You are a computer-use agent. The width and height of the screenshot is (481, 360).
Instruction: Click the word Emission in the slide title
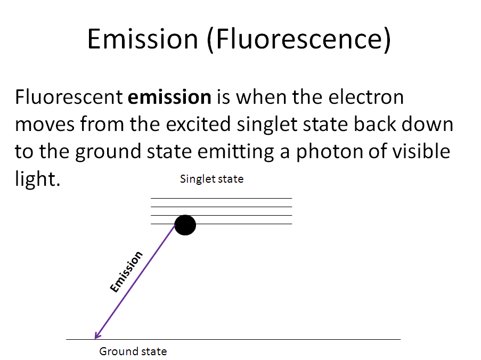(x=143, y=39)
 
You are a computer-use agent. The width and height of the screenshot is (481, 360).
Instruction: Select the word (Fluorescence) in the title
(x=299, y=40)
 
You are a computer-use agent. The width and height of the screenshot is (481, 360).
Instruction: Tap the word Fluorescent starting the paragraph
(x=69, y=97)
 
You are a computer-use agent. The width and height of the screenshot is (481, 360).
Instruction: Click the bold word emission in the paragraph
(x=169, y=97)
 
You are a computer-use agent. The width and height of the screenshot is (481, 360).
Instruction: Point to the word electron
(x=366, y=97)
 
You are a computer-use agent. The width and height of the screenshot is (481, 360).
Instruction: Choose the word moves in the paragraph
(x=45, y=125)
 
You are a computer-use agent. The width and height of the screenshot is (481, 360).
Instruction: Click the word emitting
(x=235, y=152)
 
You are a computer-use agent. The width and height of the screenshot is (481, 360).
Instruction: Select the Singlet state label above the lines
(x=211, y=179)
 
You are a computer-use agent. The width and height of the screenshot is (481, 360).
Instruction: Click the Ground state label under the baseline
(x=133, y=351)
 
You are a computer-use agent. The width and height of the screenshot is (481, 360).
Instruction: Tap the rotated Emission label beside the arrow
(x=126, y=272)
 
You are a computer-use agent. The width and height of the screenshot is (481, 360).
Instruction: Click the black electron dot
(x=185, y=225)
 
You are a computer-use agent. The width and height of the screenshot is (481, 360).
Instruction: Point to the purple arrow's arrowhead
(x=97, y=335)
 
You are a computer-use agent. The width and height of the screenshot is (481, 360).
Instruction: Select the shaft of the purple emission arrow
(x=135, y=282)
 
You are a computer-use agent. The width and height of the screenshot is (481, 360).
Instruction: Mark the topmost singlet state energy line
(x=221, y=199)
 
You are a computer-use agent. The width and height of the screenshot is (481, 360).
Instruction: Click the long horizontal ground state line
(x=233, y=339)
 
